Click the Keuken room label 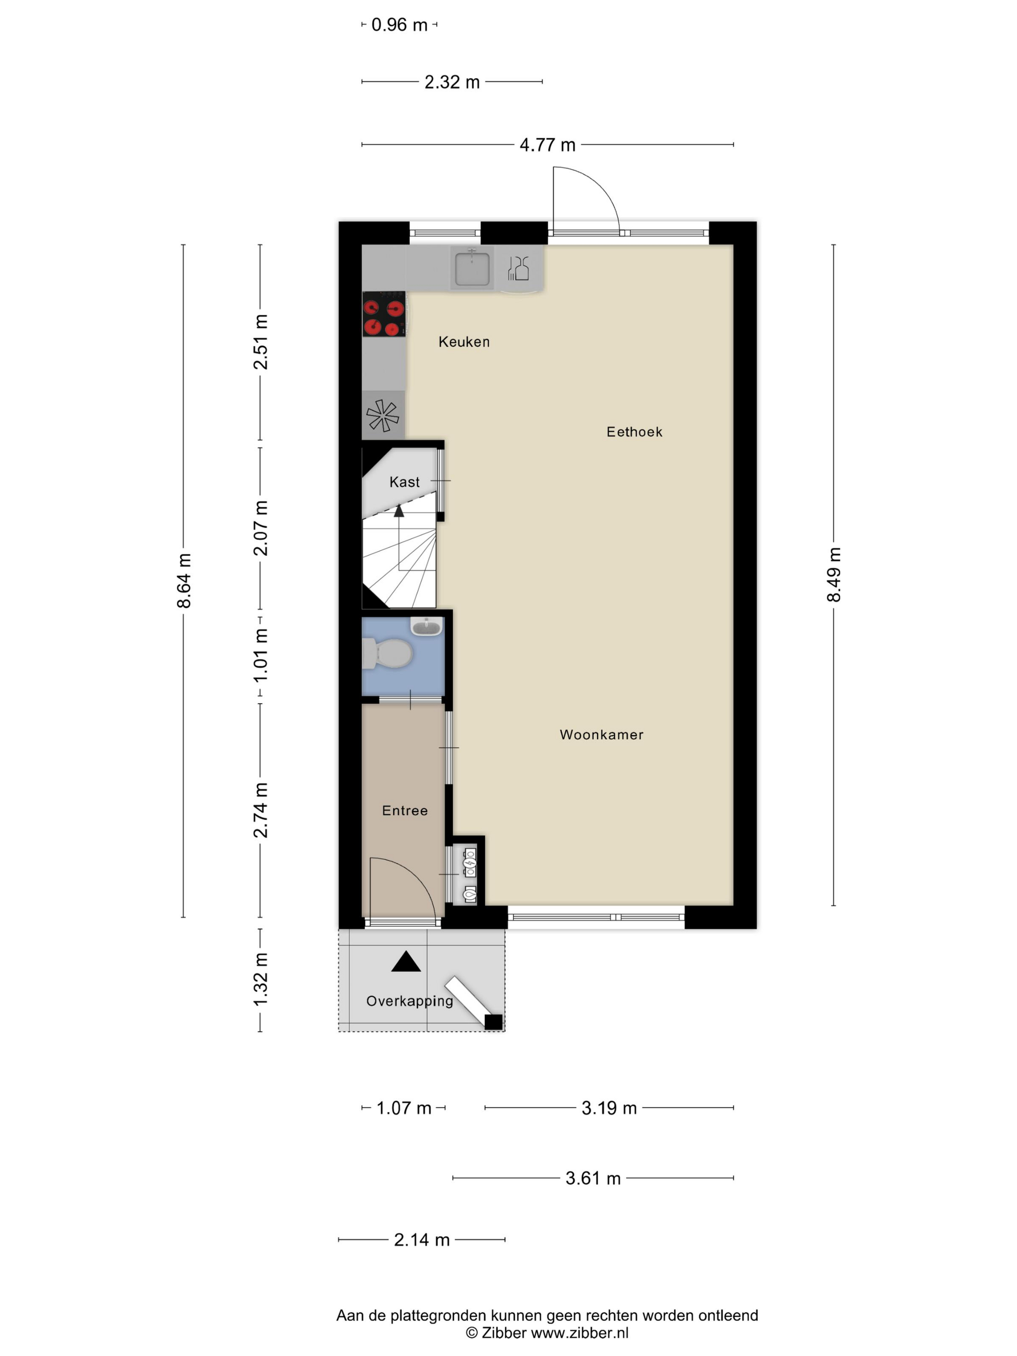[464, 341]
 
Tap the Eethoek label [634, 431]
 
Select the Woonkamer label [601, 734]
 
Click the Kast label [404, 482]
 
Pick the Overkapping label [410, 1002]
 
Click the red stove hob [384, 314]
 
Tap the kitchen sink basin [472, 268]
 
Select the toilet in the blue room [387, 653]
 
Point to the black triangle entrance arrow [406, 962]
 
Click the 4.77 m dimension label [547, 145]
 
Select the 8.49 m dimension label [834, 574]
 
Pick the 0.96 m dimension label [399, 25]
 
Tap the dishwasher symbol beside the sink [519, 268]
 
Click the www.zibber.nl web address [580, 1333]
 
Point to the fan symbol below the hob [383, 416]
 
